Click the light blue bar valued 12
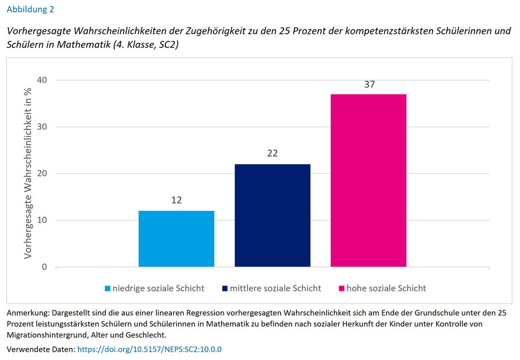(x=176, y=239)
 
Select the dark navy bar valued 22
(x=272, y=216)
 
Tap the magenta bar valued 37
(x=368, y=180)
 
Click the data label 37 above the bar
(x=369, y=85)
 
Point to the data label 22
(x=272, y=154)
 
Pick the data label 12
(x=176, y=200)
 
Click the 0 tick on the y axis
(x=44, y=267)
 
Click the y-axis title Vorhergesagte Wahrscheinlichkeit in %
(x=27, y=173)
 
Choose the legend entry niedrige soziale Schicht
(x=158, y=288)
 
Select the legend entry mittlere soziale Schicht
(x=275, y=288)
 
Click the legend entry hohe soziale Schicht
(x=386, y=288)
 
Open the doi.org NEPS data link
(x=149, y=349)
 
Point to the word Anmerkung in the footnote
(x=27, y=312)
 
